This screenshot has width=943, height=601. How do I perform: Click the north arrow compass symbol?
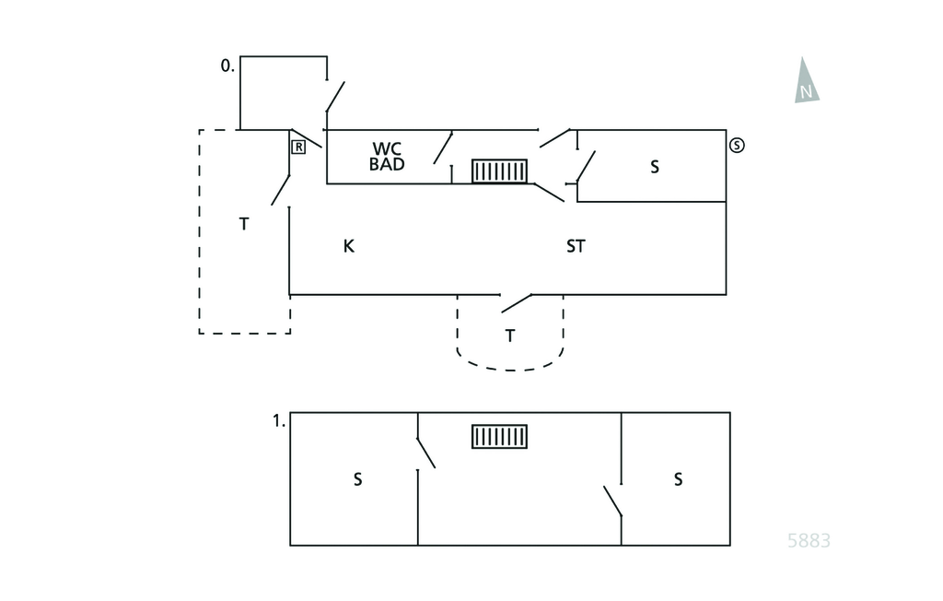click(x=807, y=82)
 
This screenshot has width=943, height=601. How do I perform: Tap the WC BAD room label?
click(x=387, y=156)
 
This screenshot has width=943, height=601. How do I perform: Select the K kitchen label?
click(x=349, y=246)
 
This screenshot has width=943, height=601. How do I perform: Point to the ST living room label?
click(x=576, y=246)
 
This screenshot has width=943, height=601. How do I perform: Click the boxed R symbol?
click(x=298, y=147)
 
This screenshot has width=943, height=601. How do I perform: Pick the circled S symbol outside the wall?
click(x=737, y=145)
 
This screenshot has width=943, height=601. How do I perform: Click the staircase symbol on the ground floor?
click(x=499, y=171)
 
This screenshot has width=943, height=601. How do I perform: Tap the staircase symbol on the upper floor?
click(x=499, y=436)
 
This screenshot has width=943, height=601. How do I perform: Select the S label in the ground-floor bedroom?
click(x=655, y=167)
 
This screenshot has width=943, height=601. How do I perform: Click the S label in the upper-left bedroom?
click(x=358, y=479)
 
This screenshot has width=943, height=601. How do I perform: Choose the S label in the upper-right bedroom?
click(x=678, y=479)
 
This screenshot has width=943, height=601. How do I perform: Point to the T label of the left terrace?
click(x=244, y=223)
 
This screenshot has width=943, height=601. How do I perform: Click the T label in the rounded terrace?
click(x=510, y=336)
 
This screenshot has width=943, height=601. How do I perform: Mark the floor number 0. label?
click(x=227, y=66)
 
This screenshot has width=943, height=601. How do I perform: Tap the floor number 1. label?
click(x=279, y=421)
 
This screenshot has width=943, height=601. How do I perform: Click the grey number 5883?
click(x=809, y=540)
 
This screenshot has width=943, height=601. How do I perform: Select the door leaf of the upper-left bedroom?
click(x=425, y=453)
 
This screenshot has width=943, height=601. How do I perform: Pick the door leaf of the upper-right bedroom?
click(x=612, y=501)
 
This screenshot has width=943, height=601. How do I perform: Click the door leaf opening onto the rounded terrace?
click(x=517, y=302)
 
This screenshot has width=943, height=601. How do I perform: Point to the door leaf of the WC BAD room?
click(x=443, y=147)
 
